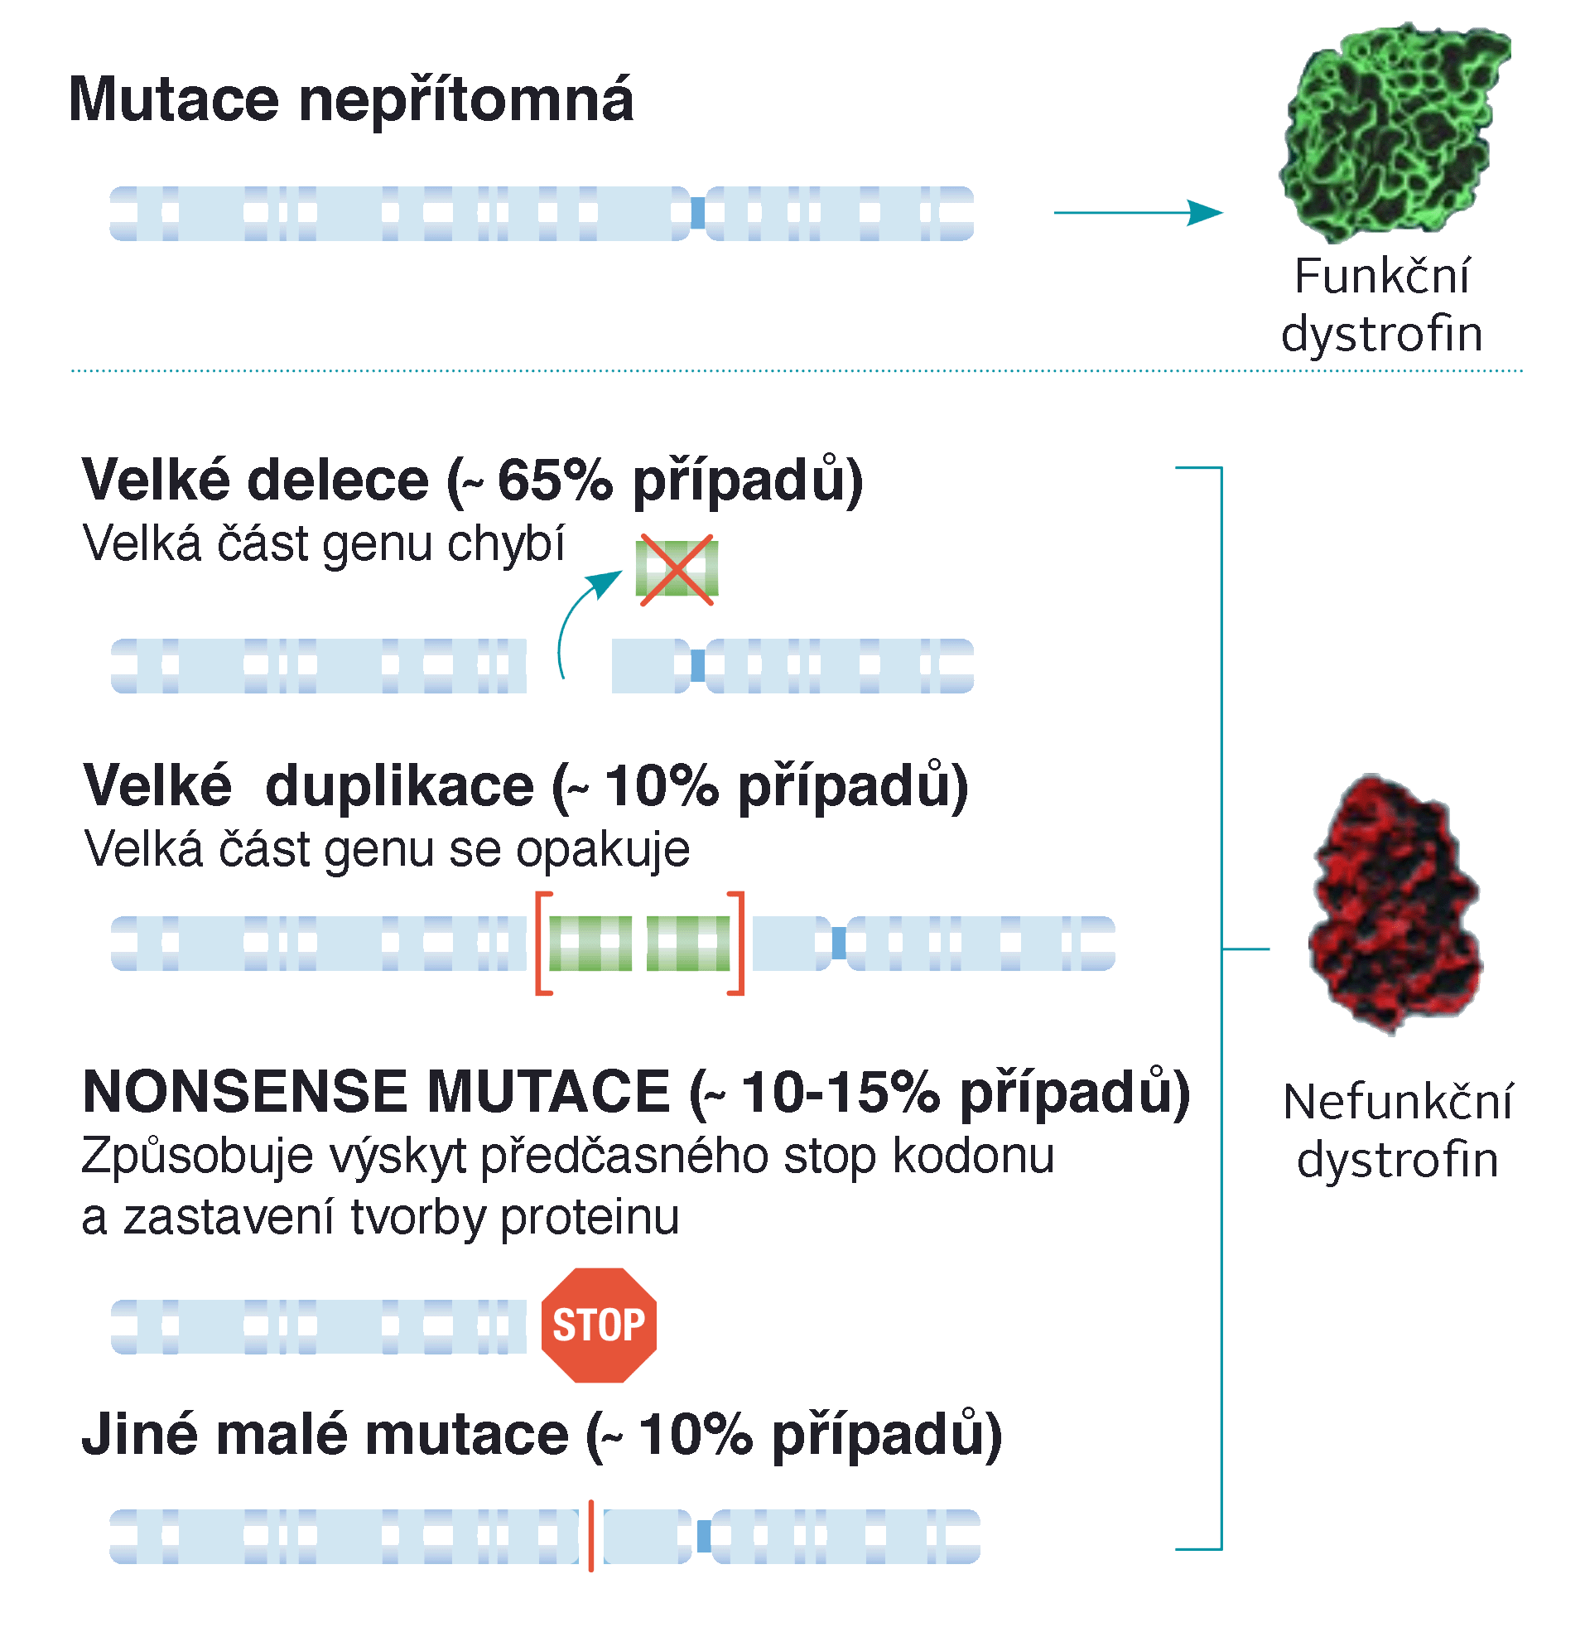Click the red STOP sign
coord(599,1325)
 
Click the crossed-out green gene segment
coord(677,569)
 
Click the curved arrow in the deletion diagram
coord(583,616)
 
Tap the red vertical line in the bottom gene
coord(591,1536)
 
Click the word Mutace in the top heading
coord(173,100)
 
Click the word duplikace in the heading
coord(400,786)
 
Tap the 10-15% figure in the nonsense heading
coord(841,1092)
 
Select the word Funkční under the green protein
coord(1383,277)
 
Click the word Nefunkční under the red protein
coord(1398,1103)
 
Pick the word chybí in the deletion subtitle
coord(505,544)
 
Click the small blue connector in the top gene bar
coord(697,213)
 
